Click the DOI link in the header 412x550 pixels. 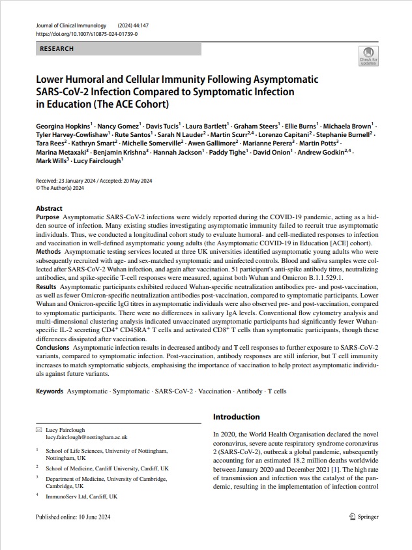click(86, 33)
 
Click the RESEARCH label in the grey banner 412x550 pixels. click(57, 49)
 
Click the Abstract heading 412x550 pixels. click(50, 209)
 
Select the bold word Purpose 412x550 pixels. click(48, 217)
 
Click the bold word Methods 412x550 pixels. click(48, 251)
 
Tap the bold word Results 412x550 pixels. click(46, 286)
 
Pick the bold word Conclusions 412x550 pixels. click(53, 347)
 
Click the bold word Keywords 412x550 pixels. click(50, 391)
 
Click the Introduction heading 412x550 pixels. click(237, 417)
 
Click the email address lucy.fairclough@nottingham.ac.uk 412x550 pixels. click(87, 437)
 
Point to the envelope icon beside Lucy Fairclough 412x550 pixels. click(38, 430)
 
